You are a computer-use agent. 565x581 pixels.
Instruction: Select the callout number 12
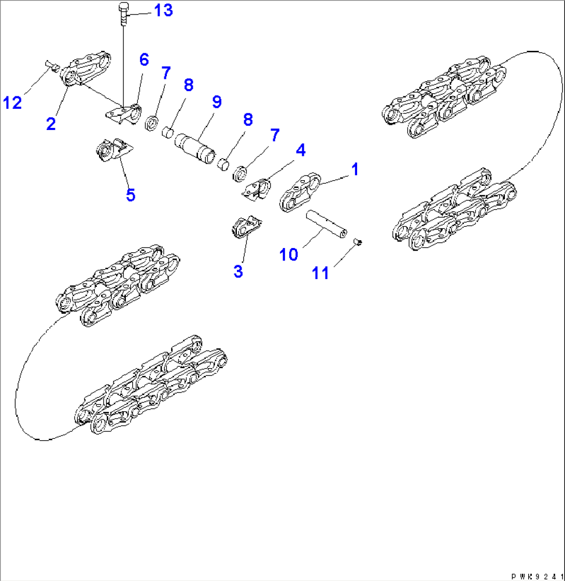pos(12,103)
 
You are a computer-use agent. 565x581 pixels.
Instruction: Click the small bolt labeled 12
pos(50,64)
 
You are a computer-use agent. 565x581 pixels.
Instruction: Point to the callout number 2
pos(50,124)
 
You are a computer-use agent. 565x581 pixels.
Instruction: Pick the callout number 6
pos(143,60)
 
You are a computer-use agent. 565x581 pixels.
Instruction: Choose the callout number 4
pos(300,151)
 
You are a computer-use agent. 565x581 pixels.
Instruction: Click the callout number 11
pos(321,272)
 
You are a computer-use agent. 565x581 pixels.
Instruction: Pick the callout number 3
pos(238,271)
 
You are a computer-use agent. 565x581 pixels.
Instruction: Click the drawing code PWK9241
pos(537,575)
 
